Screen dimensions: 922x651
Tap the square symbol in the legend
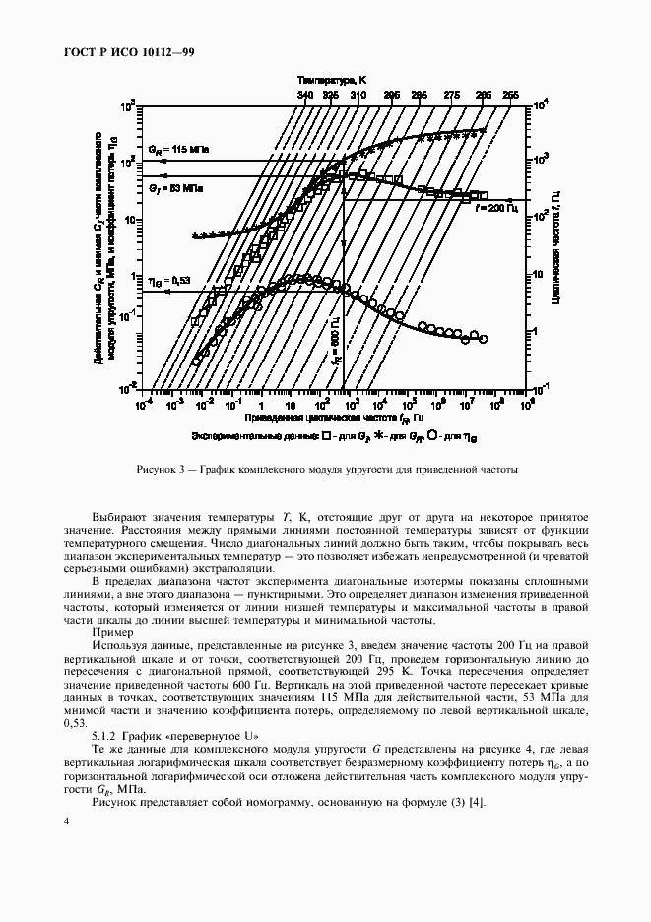[x=324, y=433]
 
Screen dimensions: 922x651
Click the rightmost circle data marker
[x=483, y=339]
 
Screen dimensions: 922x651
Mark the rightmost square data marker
[x=483, y=195]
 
